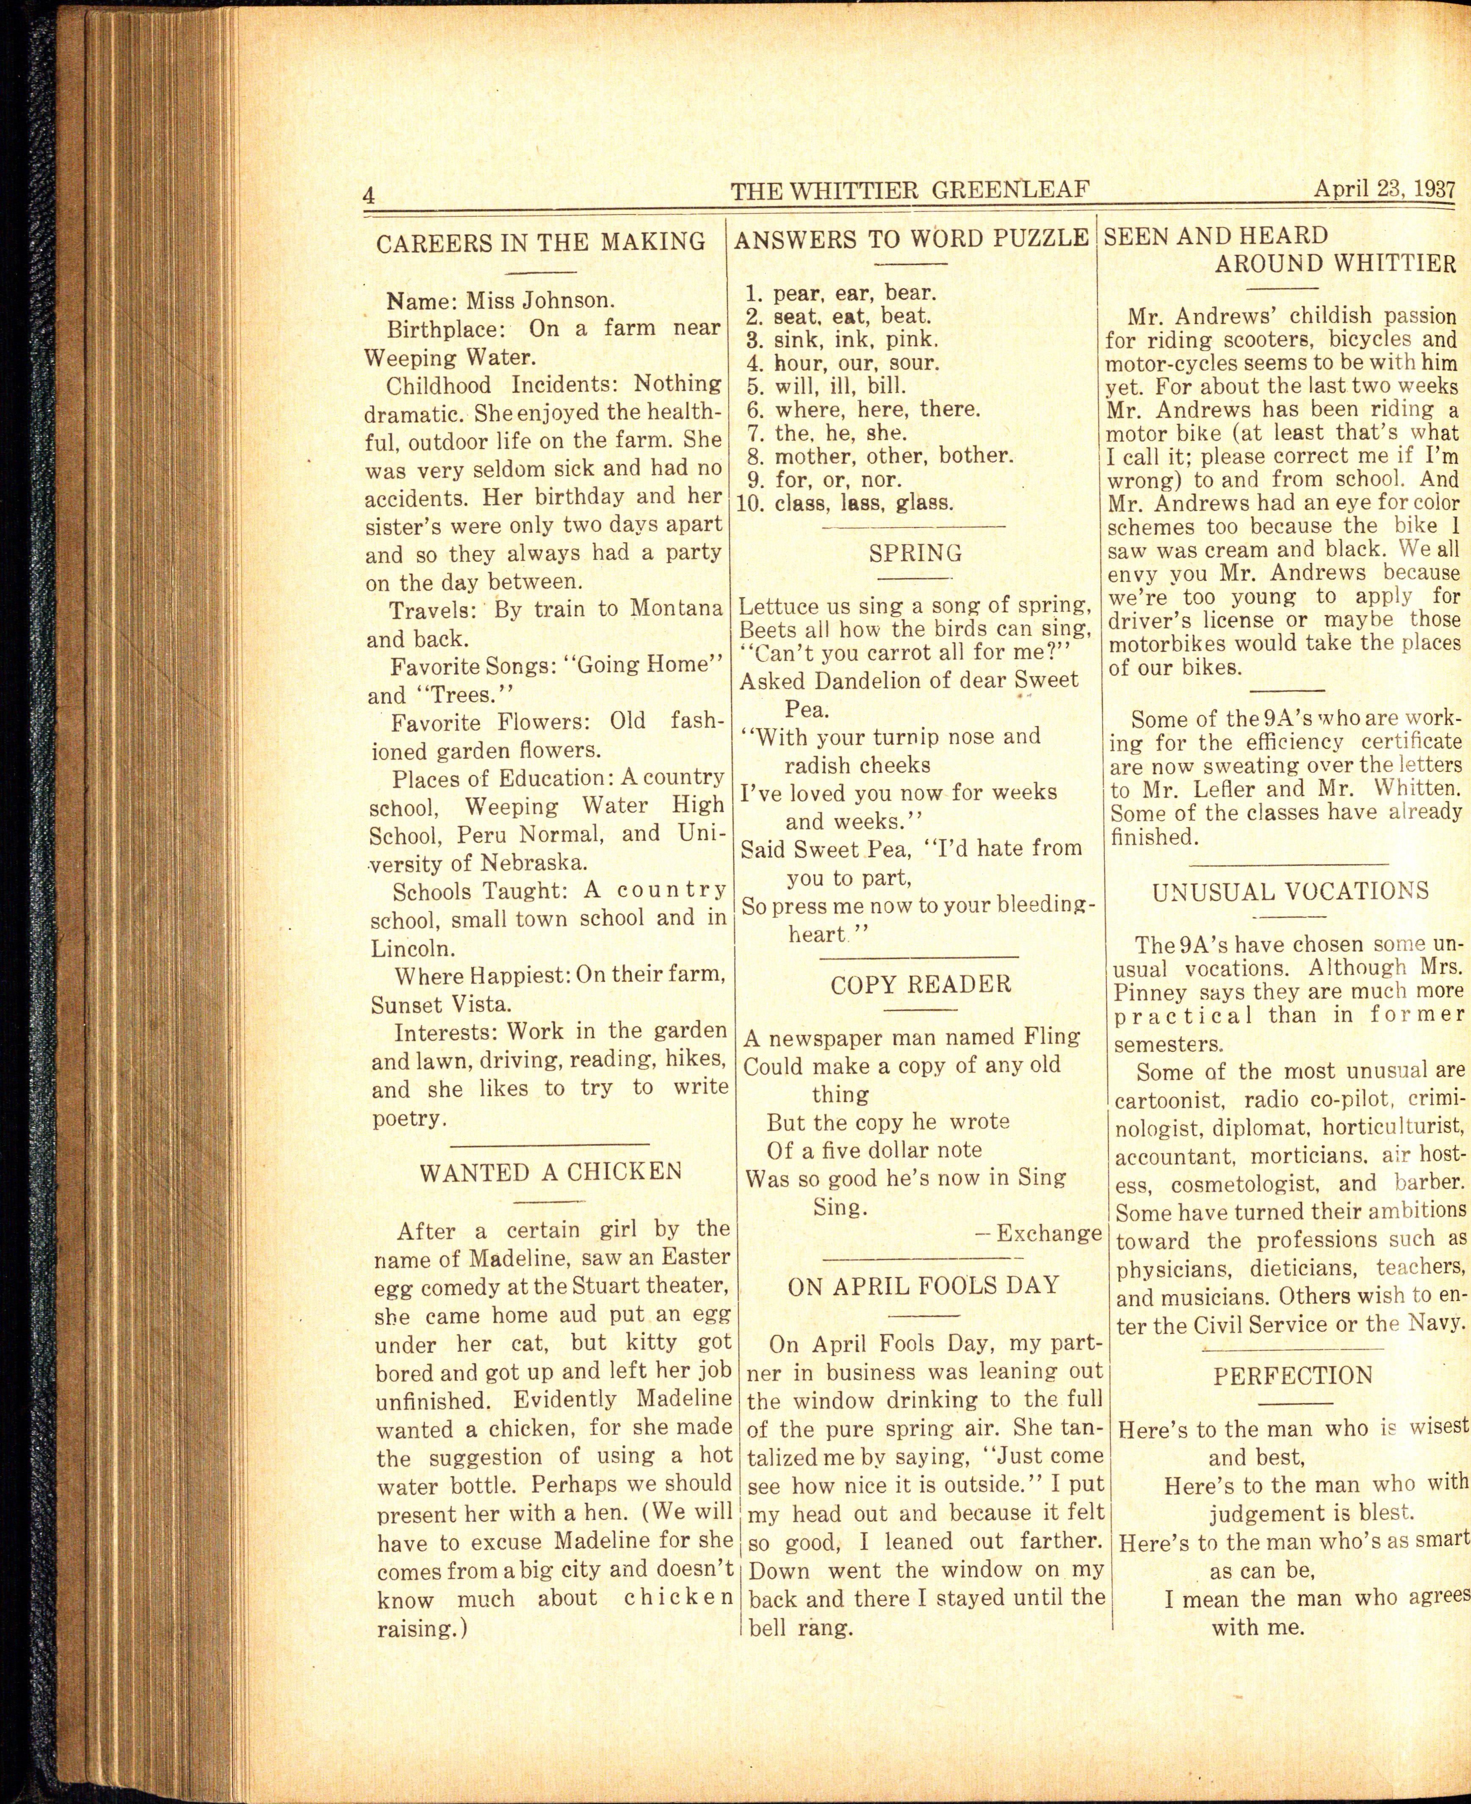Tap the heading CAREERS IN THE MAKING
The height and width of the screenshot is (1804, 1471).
(541, 243)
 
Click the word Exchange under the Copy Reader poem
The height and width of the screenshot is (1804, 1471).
(1048, 1233)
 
